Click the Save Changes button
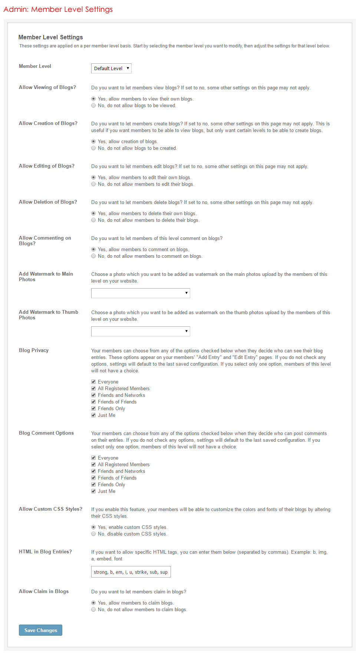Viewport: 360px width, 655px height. tap(40, 630)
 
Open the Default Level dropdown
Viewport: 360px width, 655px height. tap(111, 68)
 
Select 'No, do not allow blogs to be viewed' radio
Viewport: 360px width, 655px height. tap(93, 106)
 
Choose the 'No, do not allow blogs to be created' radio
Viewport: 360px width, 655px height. tap(93, 148)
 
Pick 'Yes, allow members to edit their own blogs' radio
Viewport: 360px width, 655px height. tap(93, 178)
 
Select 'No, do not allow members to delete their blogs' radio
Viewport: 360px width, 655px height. tap(93, 220)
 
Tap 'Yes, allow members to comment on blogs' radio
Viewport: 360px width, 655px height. tap(93, 250)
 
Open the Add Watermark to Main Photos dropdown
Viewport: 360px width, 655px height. tap(141, 293)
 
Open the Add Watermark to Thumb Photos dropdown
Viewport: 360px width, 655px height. tap(141, 331)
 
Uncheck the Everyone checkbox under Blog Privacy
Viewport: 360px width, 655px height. tap(93, 382)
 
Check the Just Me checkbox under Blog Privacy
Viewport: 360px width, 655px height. tap(93, 415)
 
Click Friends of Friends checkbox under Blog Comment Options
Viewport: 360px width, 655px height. tap(93, 478)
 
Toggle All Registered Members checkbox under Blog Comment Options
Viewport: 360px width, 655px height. tap(93, 465)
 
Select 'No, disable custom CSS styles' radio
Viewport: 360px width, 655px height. tap(93, 534)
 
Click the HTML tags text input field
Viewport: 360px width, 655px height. tap(131, 572)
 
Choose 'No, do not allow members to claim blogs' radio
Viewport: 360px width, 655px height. tap(93, 610)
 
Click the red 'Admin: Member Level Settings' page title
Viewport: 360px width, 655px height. tap(58, 9)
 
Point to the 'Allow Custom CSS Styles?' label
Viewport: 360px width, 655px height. tap(50, 509)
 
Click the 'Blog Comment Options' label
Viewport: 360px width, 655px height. tap(46, 433)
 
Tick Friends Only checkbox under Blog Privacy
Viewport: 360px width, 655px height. tap(93, 409)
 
